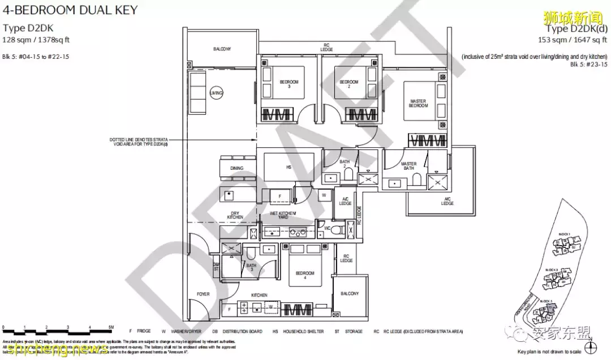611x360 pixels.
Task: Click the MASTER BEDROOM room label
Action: [418, 104]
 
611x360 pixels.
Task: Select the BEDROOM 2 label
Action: [349, 82]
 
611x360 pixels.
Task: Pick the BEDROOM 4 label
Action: [304, 275]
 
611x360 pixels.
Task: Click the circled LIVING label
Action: [216, 93]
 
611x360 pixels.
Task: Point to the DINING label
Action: [236, 168]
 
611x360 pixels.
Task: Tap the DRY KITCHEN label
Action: [235, 215]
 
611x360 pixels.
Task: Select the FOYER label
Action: [203, 294]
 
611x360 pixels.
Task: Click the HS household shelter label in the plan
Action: [289, 168]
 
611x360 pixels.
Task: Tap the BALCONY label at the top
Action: [222, 49]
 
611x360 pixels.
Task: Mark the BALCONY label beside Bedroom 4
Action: [350, 294]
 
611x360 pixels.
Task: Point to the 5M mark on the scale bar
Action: [112, 328]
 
